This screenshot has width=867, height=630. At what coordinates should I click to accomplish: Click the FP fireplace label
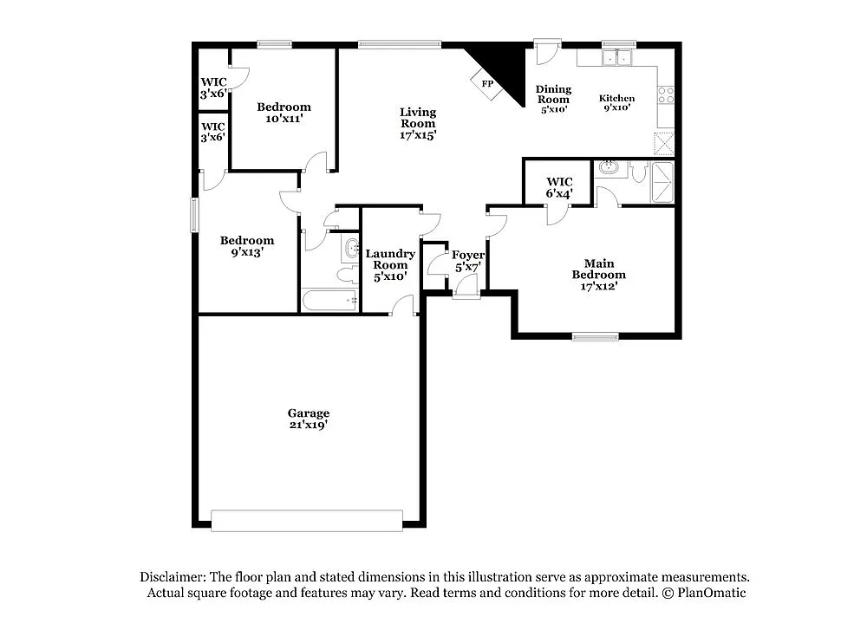pos(487,84)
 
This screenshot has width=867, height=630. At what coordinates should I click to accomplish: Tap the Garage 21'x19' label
pos(309,419)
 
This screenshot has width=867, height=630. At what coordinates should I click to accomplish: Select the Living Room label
pos(418,123)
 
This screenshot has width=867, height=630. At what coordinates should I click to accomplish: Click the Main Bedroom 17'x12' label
pos(598,275)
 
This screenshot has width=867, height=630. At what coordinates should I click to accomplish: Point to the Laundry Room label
pos(390,264)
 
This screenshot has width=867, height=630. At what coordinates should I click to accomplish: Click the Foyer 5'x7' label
pos(467,261)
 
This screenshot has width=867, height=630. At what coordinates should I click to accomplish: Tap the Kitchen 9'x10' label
pos(617,103)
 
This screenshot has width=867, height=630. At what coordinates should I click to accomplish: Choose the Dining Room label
pos(553,99)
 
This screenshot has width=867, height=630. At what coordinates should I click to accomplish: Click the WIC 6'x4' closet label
pos(559,187)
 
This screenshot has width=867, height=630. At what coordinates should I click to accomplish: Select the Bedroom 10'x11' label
pos(284,113)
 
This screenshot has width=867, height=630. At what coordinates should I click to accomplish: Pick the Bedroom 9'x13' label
pos(246,246)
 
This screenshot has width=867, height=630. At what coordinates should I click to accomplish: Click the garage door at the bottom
pos(307,520)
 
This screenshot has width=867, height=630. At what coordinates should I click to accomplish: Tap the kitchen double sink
pos(617,58)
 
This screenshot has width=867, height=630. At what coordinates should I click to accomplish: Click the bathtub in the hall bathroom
pos(329,301)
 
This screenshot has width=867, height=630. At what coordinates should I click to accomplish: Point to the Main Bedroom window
pos(596,336)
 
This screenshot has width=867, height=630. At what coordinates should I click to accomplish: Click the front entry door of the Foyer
pos(466,294)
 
